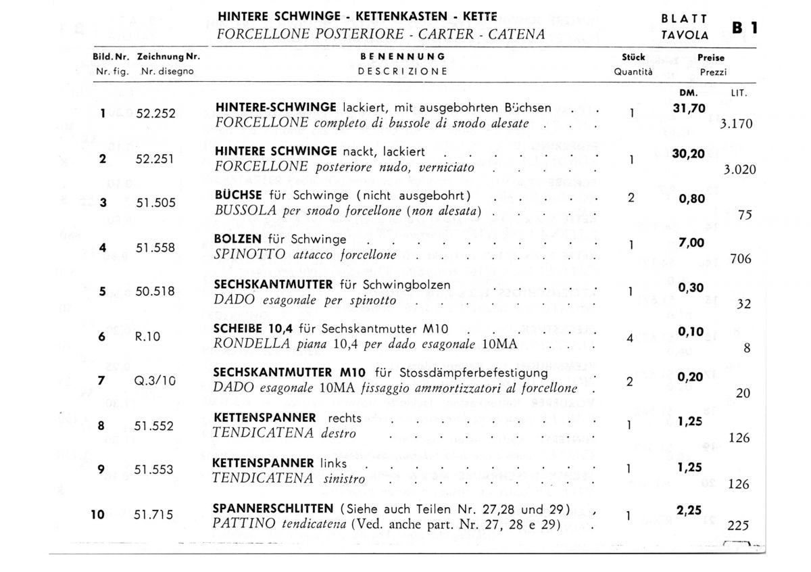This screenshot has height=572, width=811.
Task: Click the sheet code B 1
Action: pos(745,28)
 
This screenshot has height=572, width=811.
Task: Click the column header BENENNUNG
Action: pos(403,57)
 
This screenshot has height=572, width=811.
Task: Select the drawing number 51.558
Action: pos(155,247)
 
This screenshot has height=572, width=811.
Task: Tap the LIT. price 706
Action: pos(741,259)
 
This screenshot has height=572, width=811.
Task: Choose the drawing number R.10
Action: pos(147,337)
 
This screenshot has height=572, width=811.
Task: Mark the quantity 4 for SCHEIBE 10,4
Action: pos(630,337)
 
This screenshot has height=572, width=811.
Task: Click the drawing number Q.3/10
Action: pos(155,381)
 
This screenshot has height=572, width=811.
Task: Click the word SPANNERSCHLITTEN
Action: pos(273,508)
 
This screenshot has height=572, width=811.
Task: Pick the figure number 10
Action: pos(98,515)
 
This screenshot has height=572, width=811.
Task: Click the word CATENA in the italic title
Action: pos(516,34)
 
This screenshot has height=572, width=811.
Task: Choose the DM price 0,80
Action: pos(692,198)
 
